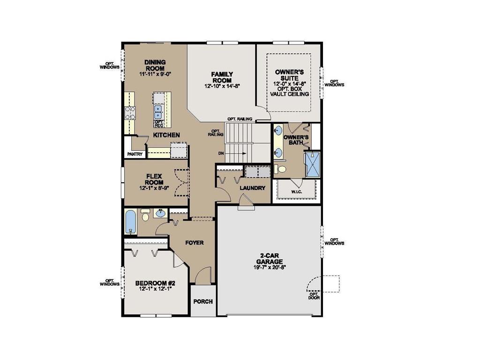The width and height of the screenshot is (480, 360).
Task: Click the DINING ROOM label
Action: pos(155,65)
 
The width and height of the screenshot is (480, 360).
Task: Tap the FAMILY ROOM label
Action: pos(222,77)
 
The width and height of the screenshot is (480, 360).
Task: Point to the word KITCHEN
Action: pos(166,135)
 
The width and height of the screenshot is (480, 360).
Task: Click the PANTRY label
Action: pos(135,153)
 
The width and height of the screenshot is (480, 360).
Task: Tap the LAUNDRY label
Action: pos(252,188)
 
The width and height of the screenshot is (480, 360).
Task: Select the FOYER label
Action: pos(194,243)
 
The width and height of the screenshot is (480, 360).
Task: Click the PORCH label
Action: pos(203,301)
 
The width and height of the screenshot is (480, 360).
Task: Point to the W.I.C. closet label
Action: pos(296,191)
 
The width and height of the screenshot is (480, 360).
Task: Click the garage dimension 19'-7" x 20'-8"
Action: pos(270,267)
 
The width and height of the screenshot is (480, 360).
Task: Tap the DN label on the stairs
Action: pos(221,153)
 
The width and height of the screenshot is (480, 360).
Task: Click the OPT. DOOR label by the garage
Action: pos(314,295)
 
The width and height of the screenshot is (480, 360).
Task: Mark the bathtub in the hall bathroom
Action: pos(131,223)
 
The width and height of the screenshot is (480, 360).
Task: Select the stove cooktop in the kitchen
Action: pos(130,113)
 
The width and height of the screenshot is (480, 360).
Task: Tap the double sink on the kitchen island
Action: pos(158,112)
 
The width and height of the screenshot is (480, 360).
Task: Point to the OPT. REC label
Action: pos(158,124)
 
